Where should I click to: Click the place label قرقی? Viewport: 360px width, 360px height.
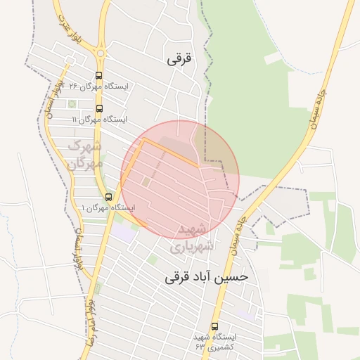pos(180,60)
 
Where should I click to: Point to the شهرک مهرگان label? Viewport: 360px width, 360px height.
pos(85,155)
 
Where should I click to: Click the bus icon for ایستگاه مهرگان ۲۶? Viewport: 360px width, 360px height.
pos(98,76)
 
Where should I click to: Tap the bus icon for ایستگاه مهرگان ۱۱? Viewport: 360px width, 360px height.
pos(98,108)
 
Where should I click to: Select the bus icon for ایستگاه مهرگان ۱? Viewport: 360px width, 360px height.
pos(108,197)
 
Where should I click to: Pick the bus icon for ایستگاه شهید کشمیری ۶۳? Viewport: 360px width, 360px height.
pos(214,326)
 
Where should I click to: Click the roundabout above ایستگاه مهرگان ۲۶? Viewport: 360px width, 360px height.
pos(100,52)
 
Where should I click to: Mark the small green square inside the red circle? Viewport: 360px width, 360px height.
pos(146,182)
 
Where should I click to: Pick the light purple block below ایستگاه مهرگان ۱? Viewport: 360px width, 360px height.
pos(124,232)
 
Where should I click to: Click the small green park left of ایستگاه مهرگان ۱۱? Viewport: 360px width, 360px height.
pos(72,104)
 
